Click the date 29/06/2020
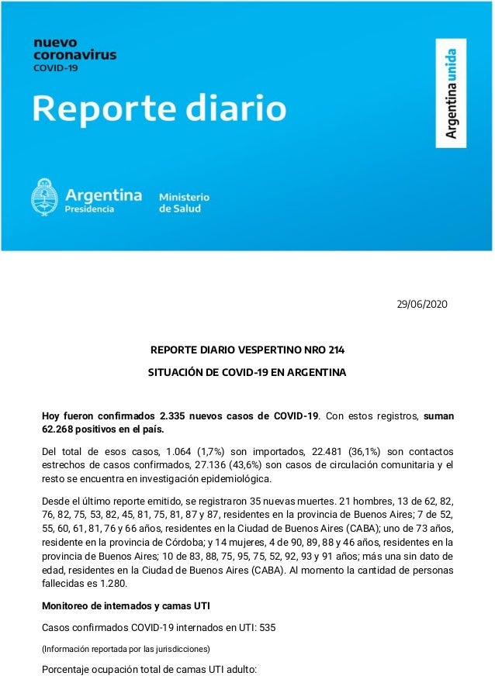click(x=421, y=303)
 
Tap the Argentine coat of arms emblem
click(x=45, y=197)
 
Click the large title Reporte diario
click(x=158, y=109)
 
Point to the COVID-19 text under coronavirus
click(x=54, y=67)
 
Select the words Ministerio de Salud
click(x=184, y=202)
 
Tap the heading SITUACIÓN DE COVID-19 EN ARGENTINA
click(x=247, y=373)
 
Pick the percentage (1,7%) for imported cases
click(x=203, y=451)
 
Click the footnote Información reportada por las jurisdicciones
click(x=125, y=648)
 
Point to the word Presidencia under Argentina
click(x=89, y=209)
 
